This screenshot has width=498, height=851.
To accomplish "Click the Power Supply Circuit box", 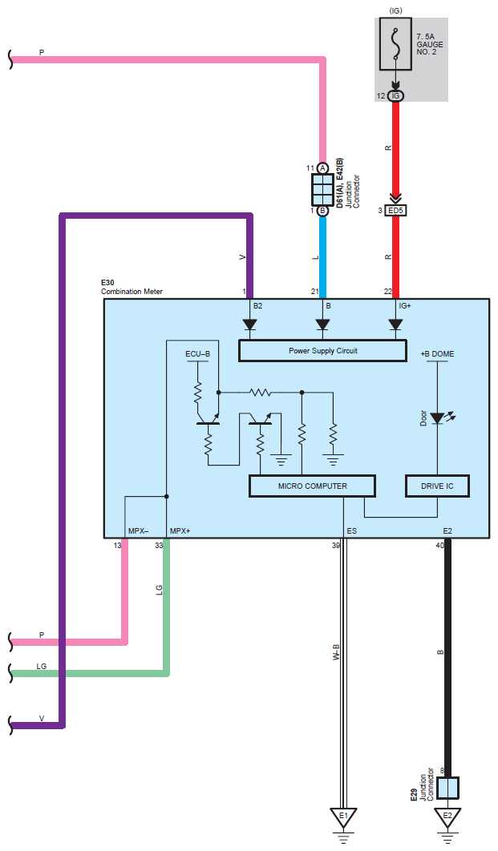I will (x=322, y=351).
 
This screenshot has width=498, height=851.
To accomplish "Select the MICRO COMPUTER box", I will (x=312, y=486).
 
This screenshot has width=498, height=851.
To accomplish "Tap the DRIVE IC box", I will (x=436, y=486).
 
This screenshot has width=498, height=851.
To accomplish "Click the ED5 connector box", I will (x=395, y=211).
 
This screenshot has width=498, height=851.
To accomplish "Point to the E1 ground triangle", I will (x=343, y=817).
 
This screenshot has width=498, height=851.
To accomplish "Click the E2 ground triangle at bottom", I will (x=447, y=817).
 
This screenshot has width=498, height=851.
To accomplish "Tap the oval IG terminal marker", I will (x=395, y=96).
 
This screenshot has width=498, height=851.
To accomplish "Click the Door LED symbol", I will (x=437, y=418).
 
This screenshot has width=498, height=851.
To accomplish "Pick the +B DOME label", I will (x=437, y=353).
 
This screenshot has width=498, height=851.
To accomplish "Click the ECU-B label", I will (x=198, y=353).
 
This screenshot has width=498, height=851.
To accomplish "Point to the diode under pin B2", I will (x=249, y=325).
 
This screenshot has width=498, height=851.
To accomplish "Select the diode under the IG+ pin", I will (x=395, y=325).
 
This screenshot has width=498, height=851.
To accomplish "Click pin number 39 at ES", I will (x=336, y=546).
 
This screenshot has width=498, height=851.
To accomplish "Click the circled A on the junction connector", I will (x=322, y=168).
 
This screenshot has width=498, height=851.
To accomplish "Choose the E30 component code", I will (x=107, y=283).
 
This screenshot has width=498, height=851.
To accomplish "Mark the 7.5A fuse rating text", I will (x=426, y=38).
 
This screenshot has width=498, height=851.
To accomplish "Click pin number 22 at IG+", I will (x=388, y=292).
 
